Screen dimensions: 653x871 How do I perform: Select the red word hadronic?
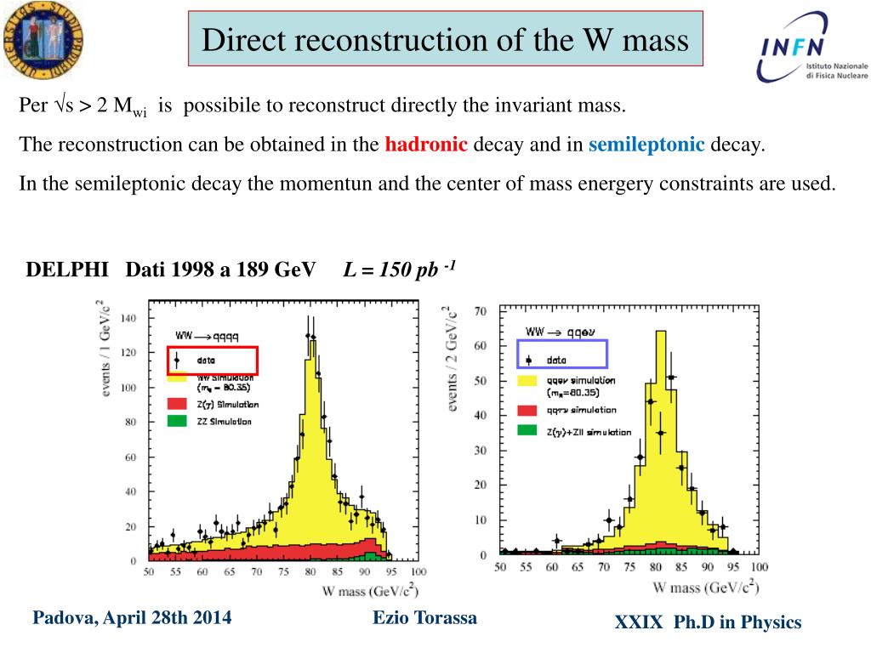426,145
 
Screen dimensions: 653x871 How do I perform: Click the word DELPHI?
67,270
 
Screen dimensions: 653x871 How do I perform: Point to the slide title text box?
446,39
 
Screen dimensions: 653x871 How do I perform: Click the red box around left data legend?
212,361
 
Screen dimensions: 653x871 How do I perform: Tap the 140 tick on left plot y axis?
128,318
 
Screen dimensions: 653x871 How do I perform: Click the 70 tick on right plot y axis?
481,312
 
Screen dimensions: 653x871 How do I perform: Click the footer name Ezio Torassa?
424,618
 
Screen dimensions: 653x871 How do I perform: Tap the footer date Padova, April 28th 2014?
132,618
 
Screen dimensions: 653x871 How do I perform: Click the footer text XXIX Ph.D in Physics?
708,623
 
